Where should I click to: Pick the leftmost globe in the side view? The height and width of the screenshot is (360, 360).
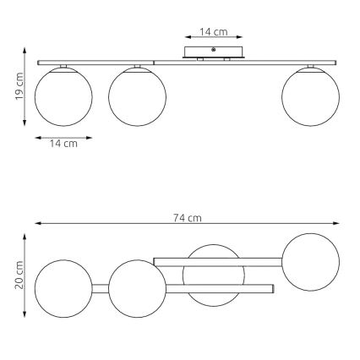pyautogui.click(x=63, y=97)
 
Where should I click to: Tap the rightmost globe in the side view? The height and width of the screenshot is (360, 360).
pyautogui.click(x=312, y=97)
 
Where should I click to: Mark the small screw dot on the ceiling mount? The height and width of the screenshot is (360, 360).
pyautogui.click(x=214, y=50)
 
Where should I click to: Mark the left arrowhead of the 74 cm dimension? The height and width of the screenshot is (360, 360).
pyautogui.click(x=37, y=224)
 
